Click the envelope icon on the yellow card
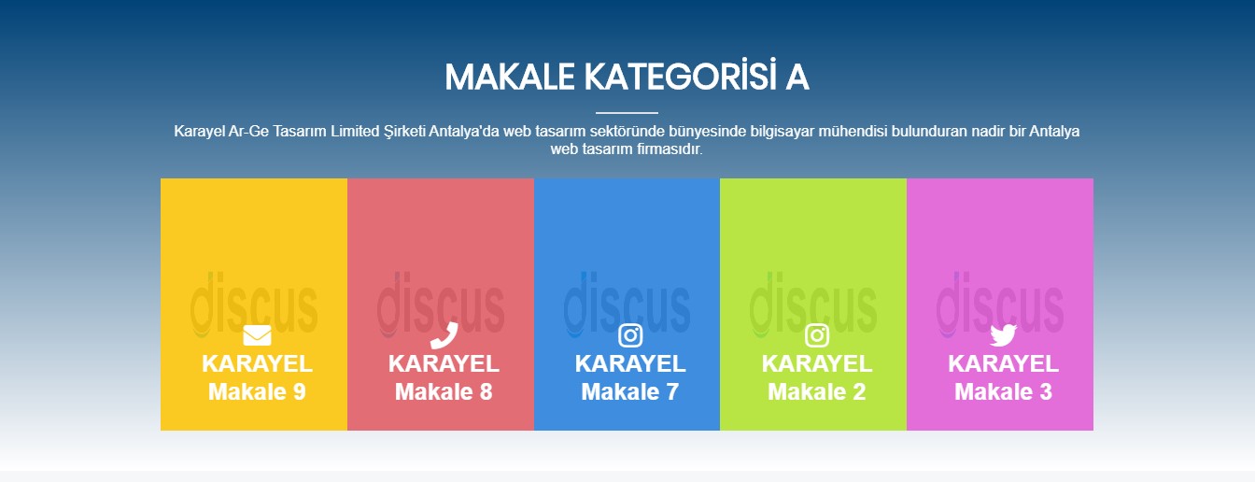pos(257,335)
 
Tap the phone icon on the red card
pos(444,335)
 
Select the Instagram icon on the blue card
pos(630,335)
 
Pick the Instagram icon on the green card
pos(817,335)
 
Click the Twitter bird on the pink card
pos(1003,335)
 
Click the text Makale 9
pos(257,391)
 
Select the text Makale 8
pos(444,391)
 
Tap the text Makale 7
pos(630,391)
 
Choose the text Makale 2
pos(817,391)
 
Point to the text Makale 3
pos(1004,391)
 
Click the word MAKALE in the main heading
pos(510,77)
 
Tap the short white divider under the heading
pos(627,113)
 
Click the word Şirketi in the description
pos(404,131)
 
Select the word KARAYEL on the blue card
pos(630,363)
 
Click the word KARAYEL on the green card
pos(817,363)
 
